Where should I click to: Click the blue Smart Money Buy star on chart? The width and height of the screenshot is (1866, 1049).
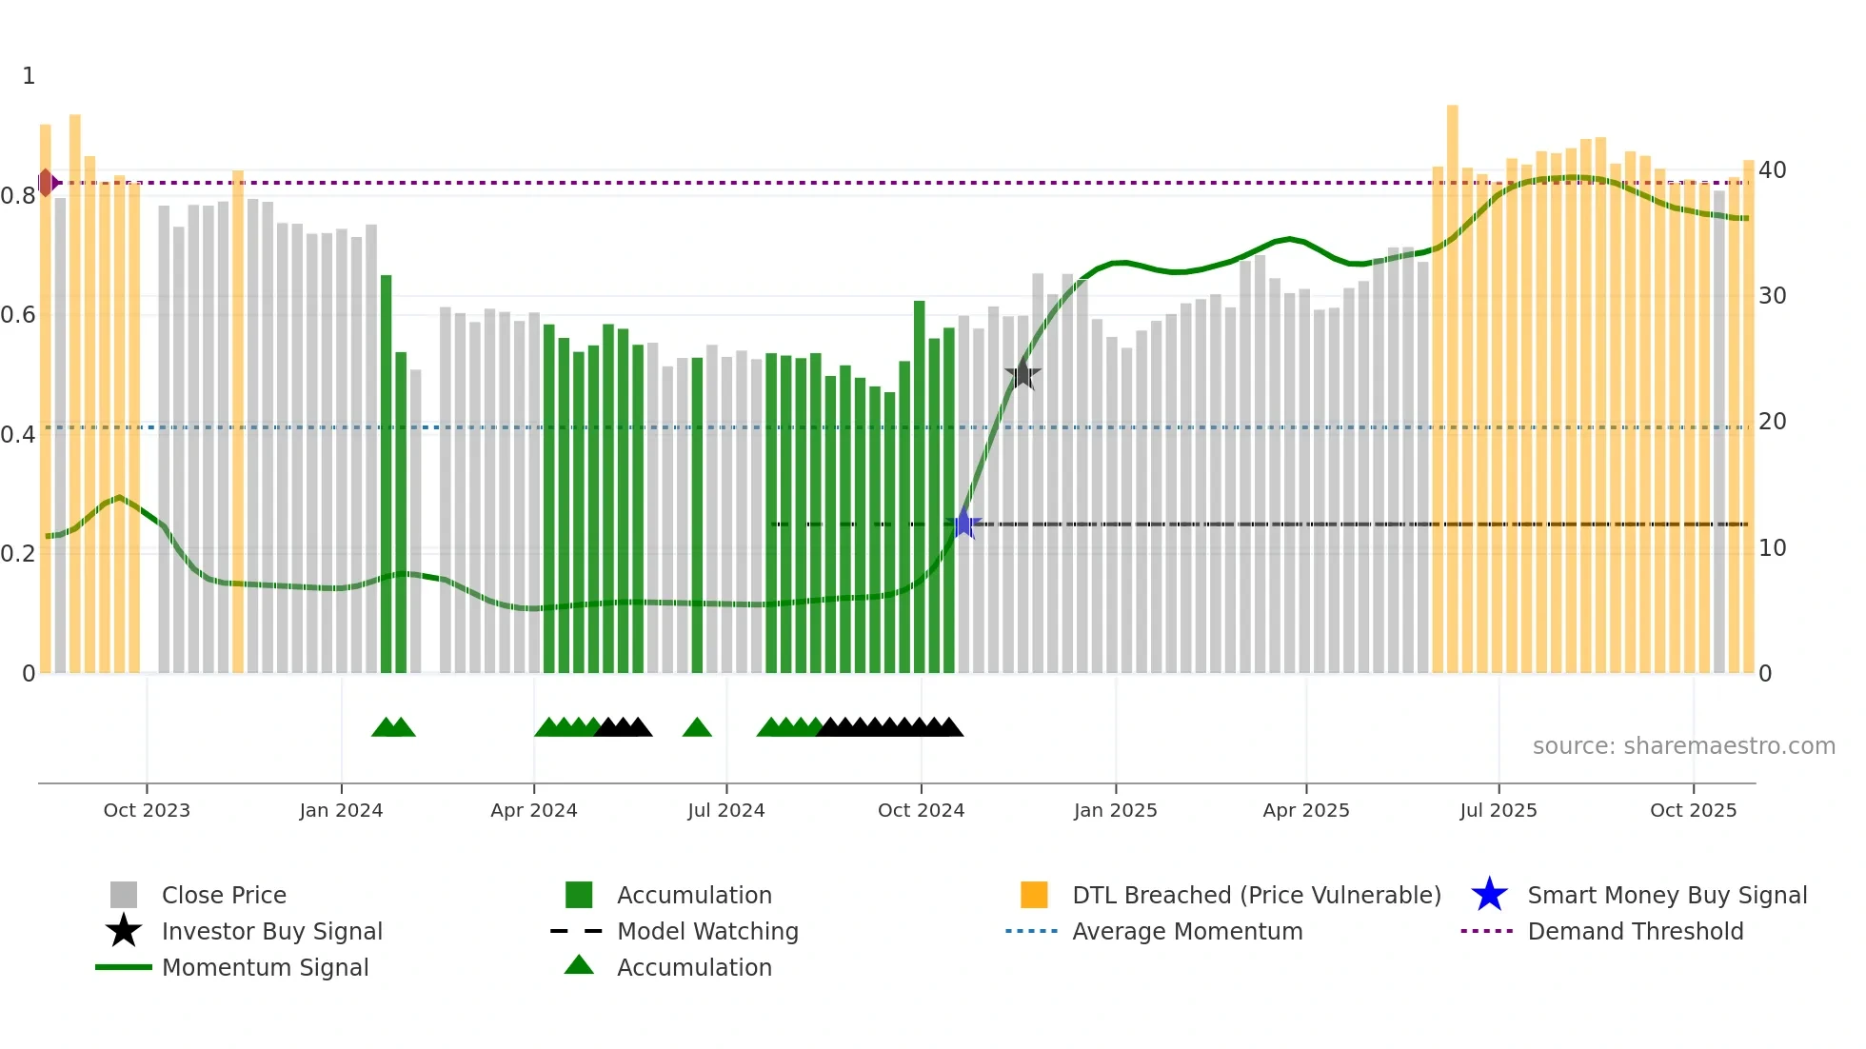point(963,524)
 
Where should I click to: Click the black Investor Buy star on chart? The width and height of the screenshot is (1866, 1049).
point(1022,375)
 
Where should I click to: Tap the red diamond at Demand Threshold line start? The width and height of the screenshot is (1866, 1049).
point(46,183)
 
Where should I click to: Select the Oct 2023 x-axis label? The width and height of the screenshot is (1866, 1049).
point(147,810)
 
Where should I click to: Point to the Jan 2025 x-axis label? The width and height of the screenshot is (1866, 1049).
point(1115,810)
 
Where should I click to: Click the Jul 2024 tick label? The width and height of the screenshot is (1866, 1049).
point(725,810)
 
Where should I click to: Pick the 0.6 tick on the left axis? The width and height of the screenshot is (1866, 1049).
point(18,315)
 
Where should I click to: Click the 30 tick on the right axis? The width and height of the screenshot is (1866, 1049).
point(1772,296)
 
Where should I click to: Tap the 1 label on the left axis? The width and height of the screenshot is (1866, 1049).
point(29,76)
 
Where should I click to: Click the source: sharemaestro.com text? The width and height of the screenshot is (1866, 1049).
point(1683,746)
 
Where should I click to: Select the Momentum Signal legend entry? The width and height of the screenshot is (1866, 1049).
point(265,967)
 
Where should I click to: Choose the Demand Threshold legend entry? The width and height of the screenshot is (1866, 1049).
point(1635,931)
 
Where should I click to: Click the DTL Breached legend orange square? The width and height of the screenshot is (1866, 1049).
point(1034,895)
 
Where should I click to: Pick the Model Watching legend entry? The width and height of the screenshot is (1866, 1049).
point(706,931)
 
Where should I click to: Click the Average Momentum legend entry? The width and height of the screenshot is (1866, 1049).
point(1186,931)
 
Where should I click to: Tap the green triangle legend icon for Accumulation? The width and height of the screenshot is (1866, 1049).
point(579,965)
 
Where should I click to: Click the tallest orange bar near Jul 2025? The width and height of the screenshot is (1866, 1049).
point(1452,381)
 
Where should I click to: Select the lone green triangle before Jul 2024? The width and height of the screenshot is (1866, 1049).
point(697,728)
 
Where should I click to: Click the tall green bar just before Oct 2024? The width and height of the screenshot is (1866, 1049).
point(919,476)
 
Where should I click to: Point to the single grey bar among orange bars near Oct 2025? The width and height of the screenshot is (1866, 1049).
point(1718,428)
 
